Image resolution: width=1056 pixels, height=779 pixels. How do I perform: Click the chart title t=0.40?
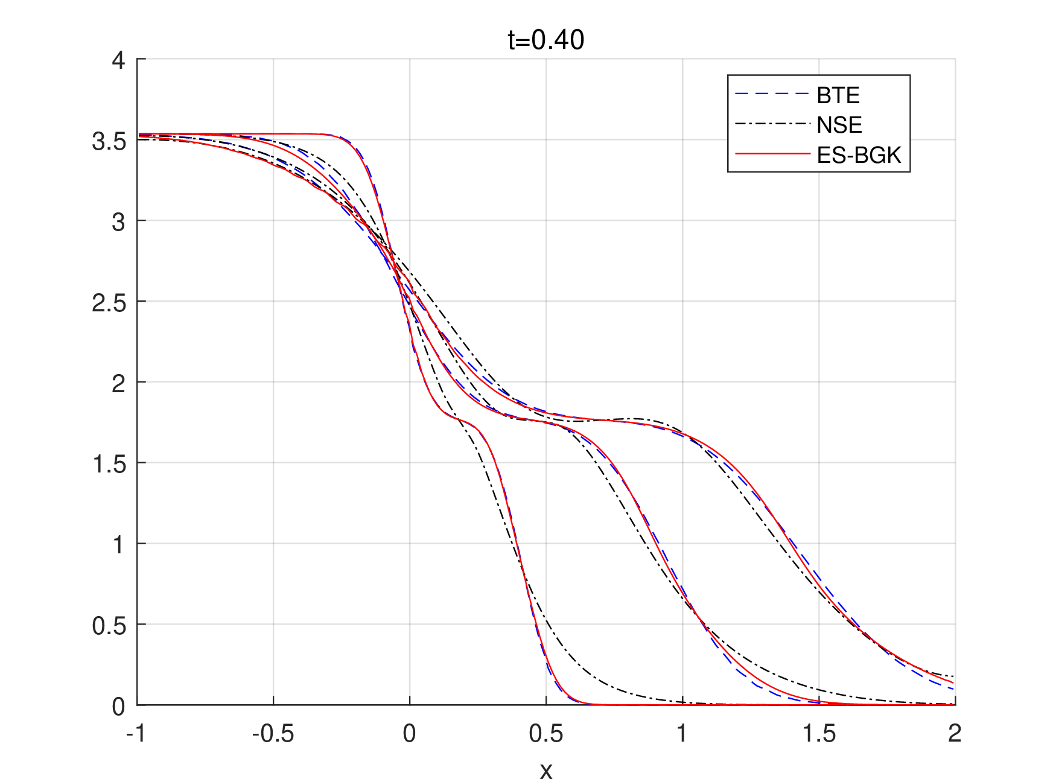coord(545,40)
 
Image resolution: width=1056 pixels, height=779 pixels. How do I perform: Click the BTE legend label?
coord(838,95)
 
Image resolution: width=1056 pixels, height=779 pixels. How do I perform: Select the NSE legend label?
coord(839,125)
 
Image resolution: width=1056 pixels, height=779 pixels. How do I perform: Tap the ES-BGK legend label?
coord(858,156)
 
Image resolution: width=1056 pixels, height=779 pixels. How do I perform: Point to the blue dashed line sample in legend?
coord(772,94)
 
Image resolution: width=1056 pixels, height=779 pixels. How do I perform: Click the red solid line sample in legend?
coord(772,154)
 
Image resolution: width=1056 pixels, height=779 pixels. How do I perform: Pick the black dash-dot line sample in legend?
coord(772,124)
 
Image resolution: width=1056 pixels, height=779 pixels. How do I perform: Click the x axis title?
coord(545,771)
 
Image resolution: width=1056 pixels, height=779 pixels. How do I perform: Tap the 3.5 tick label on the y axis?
coord(109,141)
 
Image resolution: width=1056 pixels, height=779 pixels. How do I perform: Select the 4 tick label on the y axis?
coord(118,60)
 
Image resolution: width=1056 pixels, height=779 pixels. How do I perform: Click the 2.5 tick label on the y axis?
coord(109,303)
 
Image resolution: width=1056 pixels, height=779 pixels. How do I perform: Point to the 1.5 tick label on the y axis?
coord(109,464)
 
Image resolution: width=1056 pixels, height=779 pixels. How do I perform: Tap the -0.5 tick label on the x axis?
coord(273,734)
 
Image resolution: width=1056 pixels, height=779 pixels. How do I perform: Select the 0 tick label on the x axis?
coord(409,734)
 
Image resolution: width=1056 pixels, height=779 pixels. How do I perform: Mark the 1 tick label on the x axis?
coord(682,734)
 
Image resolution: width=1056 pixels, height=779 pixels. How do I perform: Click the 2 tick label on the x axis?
coord(955,734)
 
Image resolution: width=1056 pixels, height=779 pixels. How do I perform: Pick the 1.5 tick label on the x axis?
coord(819,734)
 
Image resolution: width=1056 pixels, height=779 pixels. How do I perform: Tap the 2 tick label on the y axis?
coord(118,383)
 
